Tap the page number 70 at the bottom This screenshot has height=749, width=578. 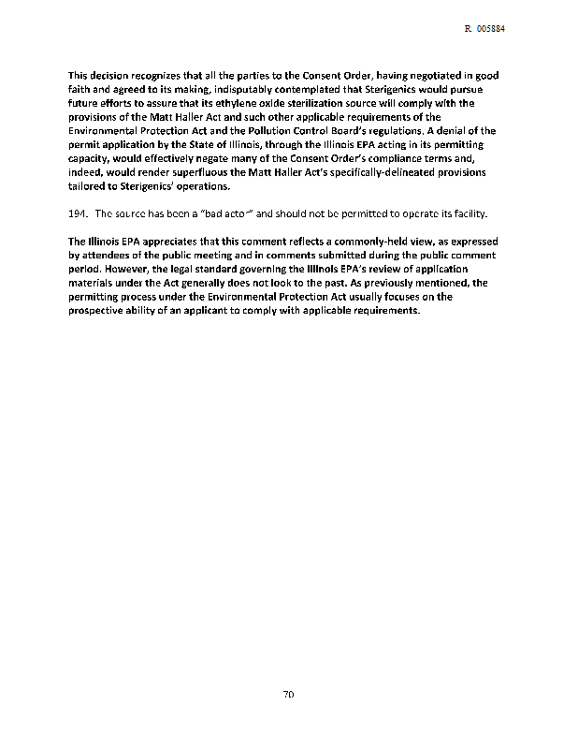[x=289, y=695]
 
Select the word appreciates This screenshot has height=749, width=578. [x=171, y=242]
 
